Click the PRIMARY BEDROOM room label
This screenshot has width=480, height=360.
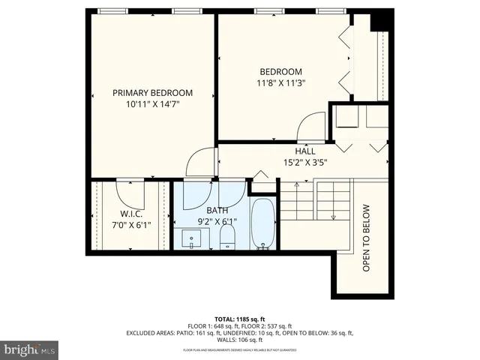coord(152,93)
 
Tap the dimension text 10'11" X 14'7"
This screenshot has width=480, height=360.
coord(152,105)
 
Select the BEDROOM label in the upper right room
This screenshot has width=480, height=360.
coord(280,72)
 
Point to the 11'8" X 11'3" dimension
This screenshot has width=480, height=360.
coord(280,84)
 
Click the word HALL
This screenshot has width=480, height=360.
coord(305,150)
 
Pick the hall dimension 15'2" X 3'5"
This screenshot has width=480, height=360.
coord(305,162)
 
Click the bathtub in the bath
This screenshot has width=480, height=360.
coord(263,223)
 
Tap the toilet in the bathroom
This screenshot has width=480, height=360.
coord(228,238)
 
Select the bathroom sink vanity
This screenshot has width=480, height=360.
coord(193,239)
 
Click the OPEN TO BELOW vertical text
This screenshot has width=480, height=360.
coord(367,238)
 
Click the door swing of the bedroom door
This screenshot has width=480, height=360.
coord(310,124)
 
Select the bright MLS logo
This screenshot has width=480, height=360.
coord(29,349)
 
